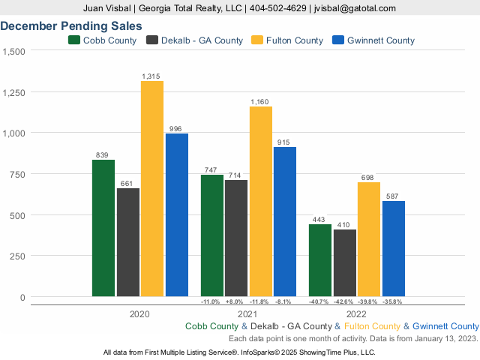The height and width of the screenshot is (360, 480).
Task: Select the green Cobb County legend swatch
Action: pos(74,40)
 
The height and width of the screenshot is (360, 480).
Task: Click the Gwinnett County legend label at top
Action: pos(381,40)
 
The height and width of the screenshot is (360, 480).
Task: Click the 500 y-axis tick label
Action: pos(17,215)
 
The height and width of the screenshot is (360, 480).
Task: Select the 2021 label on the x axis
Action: pos(248,314)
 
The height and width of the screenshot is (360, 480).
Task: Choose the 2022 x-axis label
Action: pos(356,314)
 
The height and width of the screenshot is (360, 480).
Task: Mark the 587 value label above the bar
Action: pos(393,196)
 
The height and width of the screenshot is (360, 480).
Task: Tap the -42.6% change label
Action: pos(344,301)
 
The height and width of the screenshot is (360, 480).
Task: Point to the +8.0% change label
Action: pos(235,301)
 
